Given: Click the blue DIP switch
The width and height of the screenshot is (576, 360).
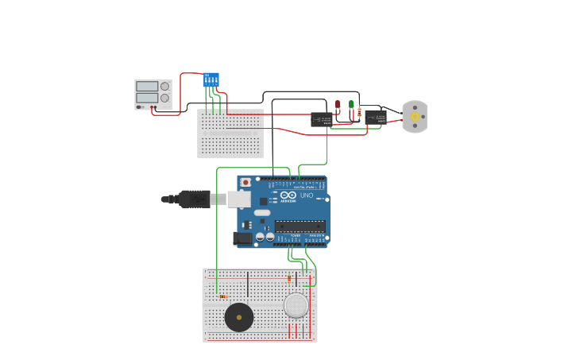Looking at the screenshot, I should (211, 80).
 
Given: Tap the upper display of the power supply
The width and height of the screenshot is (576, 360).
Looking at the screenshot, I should (147, 86).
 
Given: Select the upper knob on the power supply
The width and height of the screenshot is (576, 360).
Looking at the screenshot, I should (164, 87).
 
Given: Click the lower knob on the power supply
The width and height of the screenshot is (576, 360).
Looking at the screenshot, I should (164, 99).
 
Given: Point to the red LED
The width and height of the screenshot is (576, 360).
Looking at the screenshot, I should (338, 104).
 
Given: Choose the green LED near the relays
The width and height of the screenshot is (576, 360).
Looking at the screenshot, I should (351, 104).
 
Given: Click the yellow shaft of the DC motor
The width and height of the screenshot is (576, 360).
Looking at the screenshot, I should (414, 117).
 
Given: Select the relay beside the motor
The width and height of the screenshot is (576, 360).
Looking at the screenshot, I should (376, 118).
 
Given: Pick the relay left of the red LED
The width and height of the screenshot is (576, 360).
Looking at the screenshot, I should (321, 120).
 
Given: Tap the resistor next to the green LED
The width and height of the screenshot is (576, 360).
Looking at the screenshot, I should (360, 112).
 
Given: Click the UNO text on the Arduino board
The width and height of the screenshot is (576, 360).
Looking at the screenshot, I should (307, 195).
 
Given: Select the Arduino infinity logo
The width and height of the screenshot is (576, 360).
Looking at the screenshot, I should (288, 195).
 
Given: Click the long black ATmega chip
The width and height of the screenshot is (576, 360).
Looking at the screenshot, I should (300, 226).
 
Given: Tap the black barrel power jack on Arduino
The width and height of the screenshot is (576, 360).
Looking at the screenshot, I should (242, 238).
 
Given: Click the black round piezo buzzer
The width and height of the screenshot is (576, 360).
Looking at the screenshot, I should (239, 317).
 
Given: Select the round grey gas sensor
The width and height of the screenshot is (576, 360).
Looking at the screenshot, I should (296, 305).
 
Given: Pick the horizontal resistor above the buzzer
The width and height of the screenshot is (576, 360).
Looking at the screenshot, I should (223, 296).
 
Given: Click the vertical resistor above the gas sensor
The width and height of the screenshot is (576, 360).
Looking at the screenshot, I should (288, 279).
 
